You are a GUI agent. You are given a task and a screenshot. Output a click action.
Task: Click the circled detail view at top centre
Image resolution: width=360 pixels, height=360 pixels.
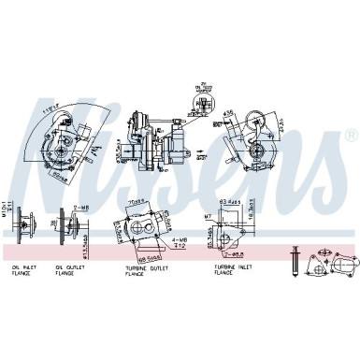click(200, 97)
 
